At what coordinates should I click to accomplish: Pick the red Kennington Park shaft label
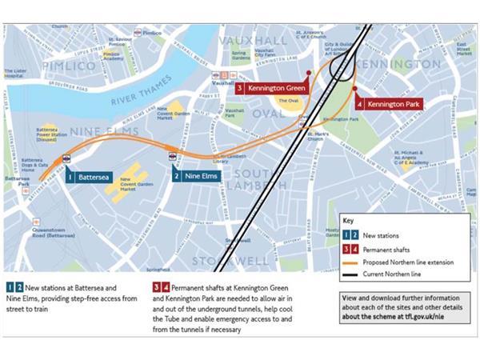click(x=392, y=104)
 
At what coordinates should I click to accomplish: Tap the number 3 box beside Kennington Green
click(x=239, y=87)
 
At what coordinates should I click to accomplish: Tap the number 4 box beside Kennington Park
click(x=359, y=104)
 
